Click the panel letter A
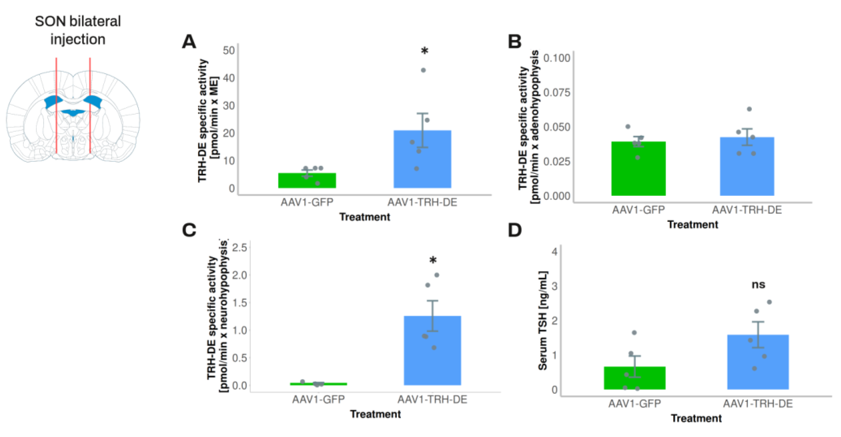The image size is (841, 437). pos(189,42)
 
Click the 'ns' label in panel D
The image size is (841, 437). pos(758,285)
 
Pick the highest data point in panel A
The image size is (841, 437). pos(423,70)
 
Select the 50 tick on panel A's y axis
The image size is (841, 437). pos(229,51)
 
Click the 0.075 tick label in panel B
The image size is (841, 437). pos(557,93)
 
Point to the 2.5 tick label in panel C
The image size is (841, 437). pos(239,248)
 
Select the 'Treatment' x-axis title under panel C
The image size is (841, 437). pos(375,414)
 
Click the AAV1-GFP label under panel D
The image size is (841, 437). pos(634,404)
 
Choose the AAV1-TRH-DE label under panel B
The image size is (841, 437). pos(747,210)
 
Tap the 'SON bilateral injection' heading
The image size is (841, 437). pos(78,30)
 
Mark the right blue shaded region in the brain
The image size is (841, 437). pos(94,102)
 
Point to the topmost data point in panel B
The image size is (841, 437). pos(749,109)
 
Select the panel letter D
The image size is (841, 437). pos(515,230)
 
